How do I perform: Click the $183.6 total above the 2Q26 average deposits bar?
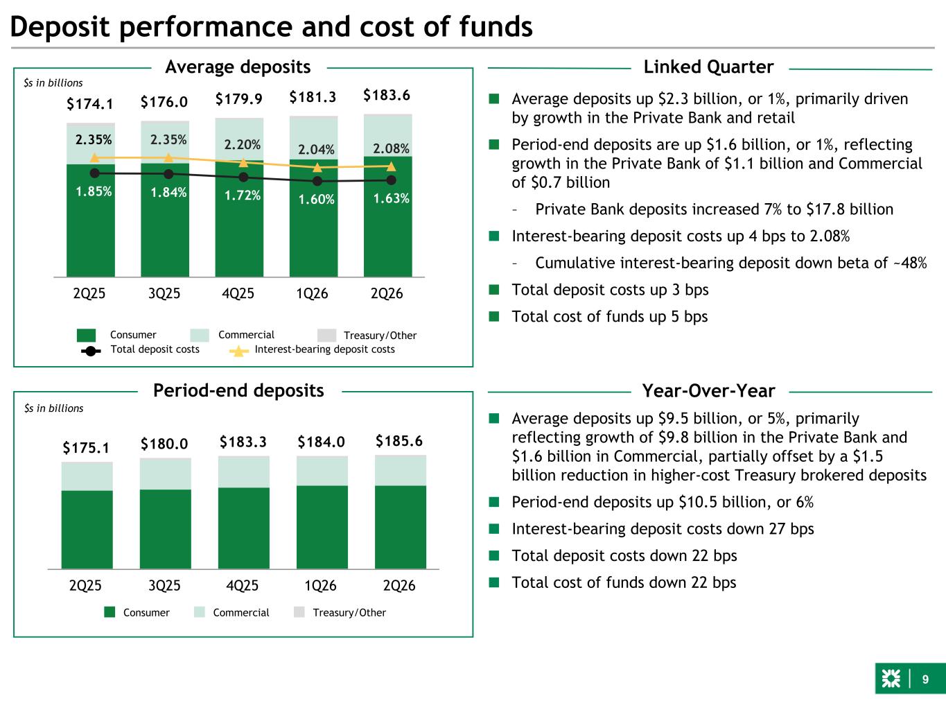387,95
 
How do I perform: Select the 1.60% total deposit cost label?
316,199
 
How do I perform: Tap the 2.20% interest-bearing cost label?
242,144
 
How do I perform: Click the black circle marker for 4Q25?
243,177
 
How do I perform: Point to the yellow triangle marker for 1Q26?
317,167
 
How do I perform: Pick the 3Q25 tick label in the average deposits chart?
164,293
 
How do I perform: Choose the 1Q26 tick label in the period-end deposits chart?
320,585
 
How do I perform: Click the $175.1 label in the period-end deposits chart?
86,448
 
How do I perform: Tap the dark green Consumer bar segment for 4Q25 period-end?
243,528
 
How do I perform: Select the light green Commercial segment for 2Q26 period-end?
401,470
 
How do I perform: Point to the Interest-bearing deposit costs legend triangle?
239,352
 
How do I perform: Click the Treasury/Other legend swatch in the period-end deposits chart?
299,612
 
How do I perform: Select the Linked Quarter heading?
708,67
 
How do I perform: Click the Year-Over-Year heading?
708,390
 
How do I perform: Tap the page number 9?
925,679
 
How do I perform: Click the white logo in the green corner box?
891,679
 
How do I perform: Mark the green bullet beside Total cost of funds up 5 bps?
494,317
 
